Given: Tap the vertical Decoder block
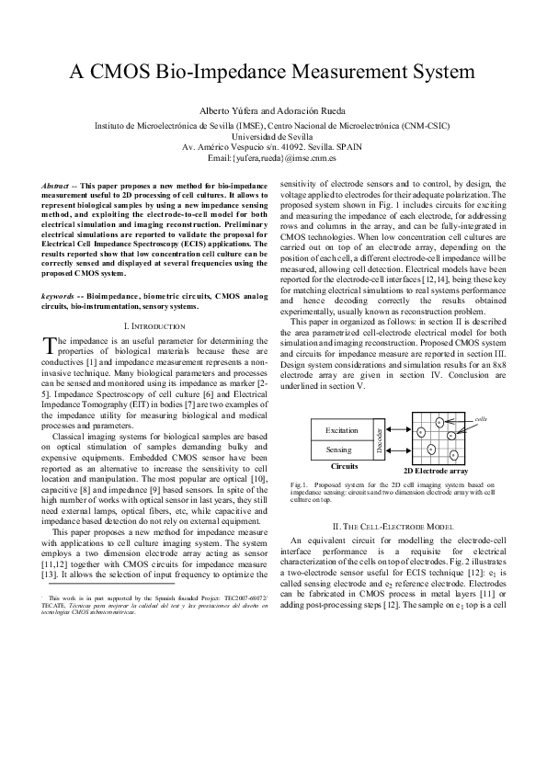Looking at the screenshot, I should pyautogui.click(x=379, y=440).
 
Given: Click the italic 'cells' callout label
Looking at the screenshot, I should pyautogui.click(x=480, y=419).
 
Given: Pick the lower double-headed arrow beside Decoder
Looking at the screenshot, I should pyautogui.click(x=396, y=450).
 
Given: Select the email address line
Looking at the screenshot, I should pyautogui.click(x=273, y=158).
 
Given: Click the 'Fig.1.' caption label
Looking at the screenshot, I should pyautogui.click(x=298, y=484).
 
